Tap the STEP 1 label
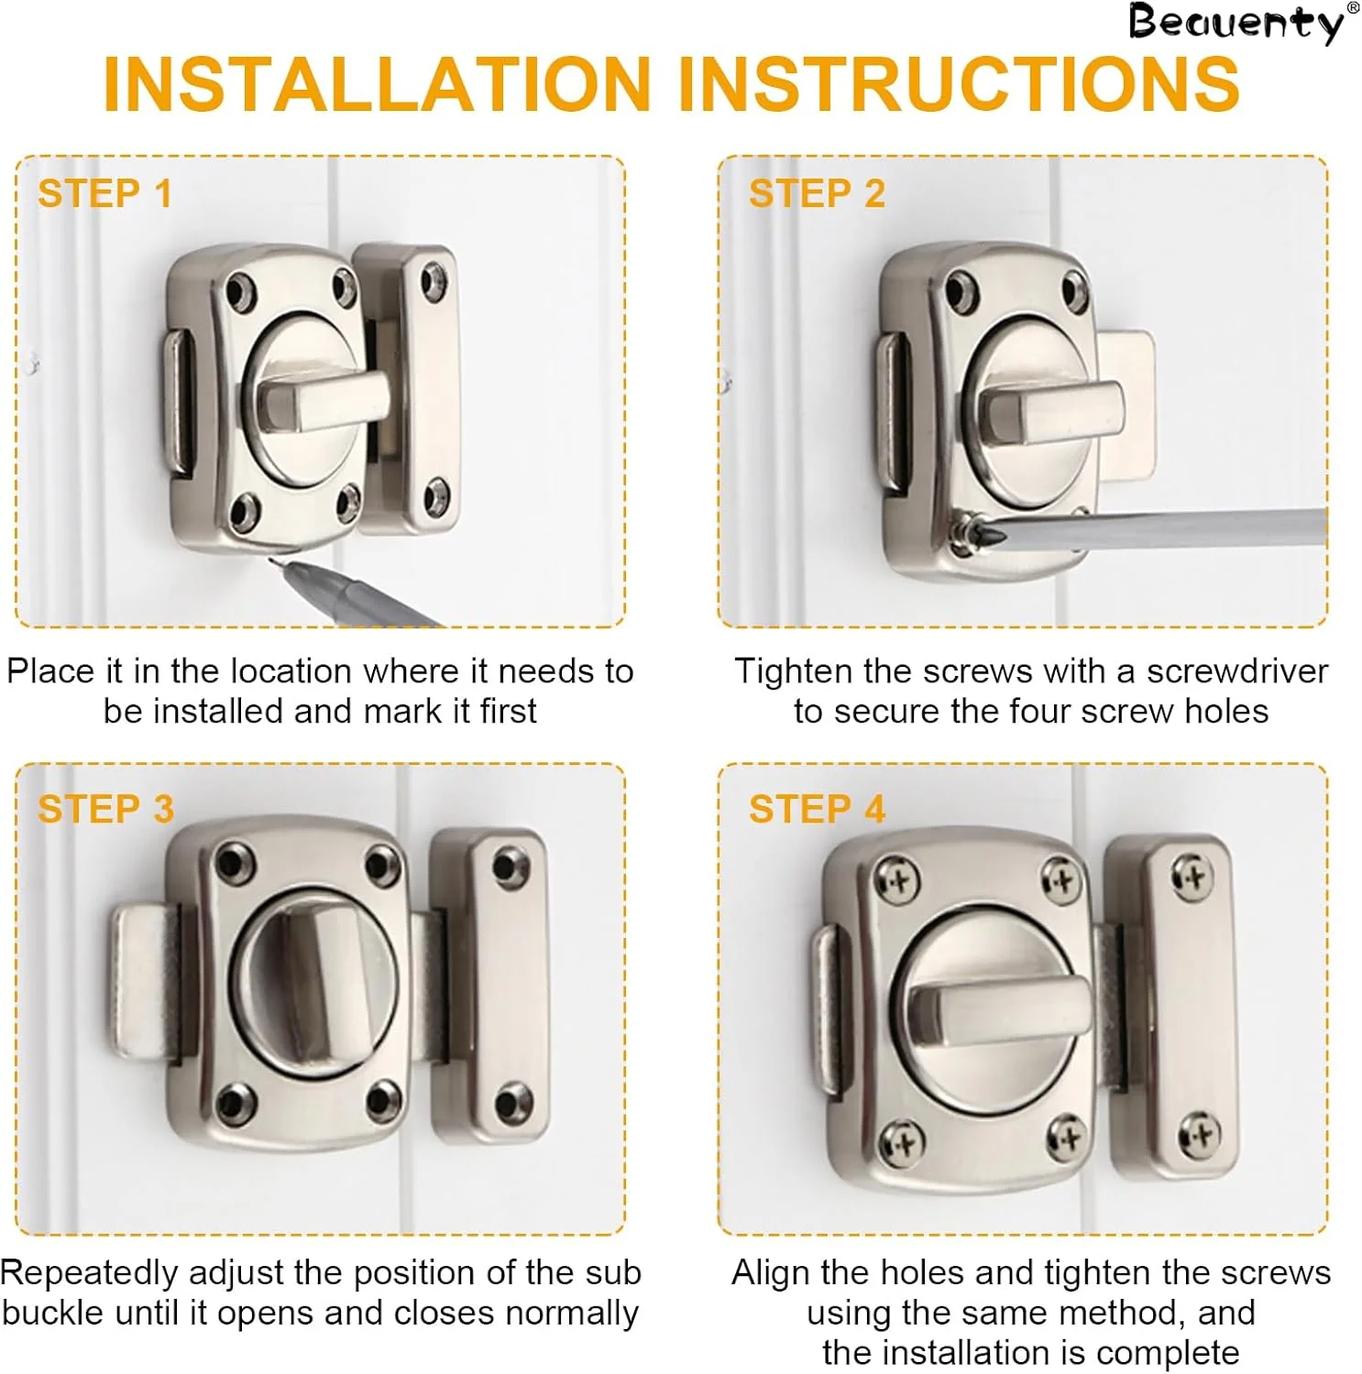coord(104,194)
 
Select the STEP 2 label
coord(817,194)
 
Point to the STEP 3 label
coord(105,810)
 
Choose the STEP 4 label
coord(817,810)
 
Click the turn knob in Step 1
coord(321,401)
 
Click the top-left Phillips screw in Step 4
coord(897,881)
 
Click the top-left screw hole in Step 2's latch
coord(961,292)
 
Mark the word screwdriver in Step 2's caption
coord(1237,671)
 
